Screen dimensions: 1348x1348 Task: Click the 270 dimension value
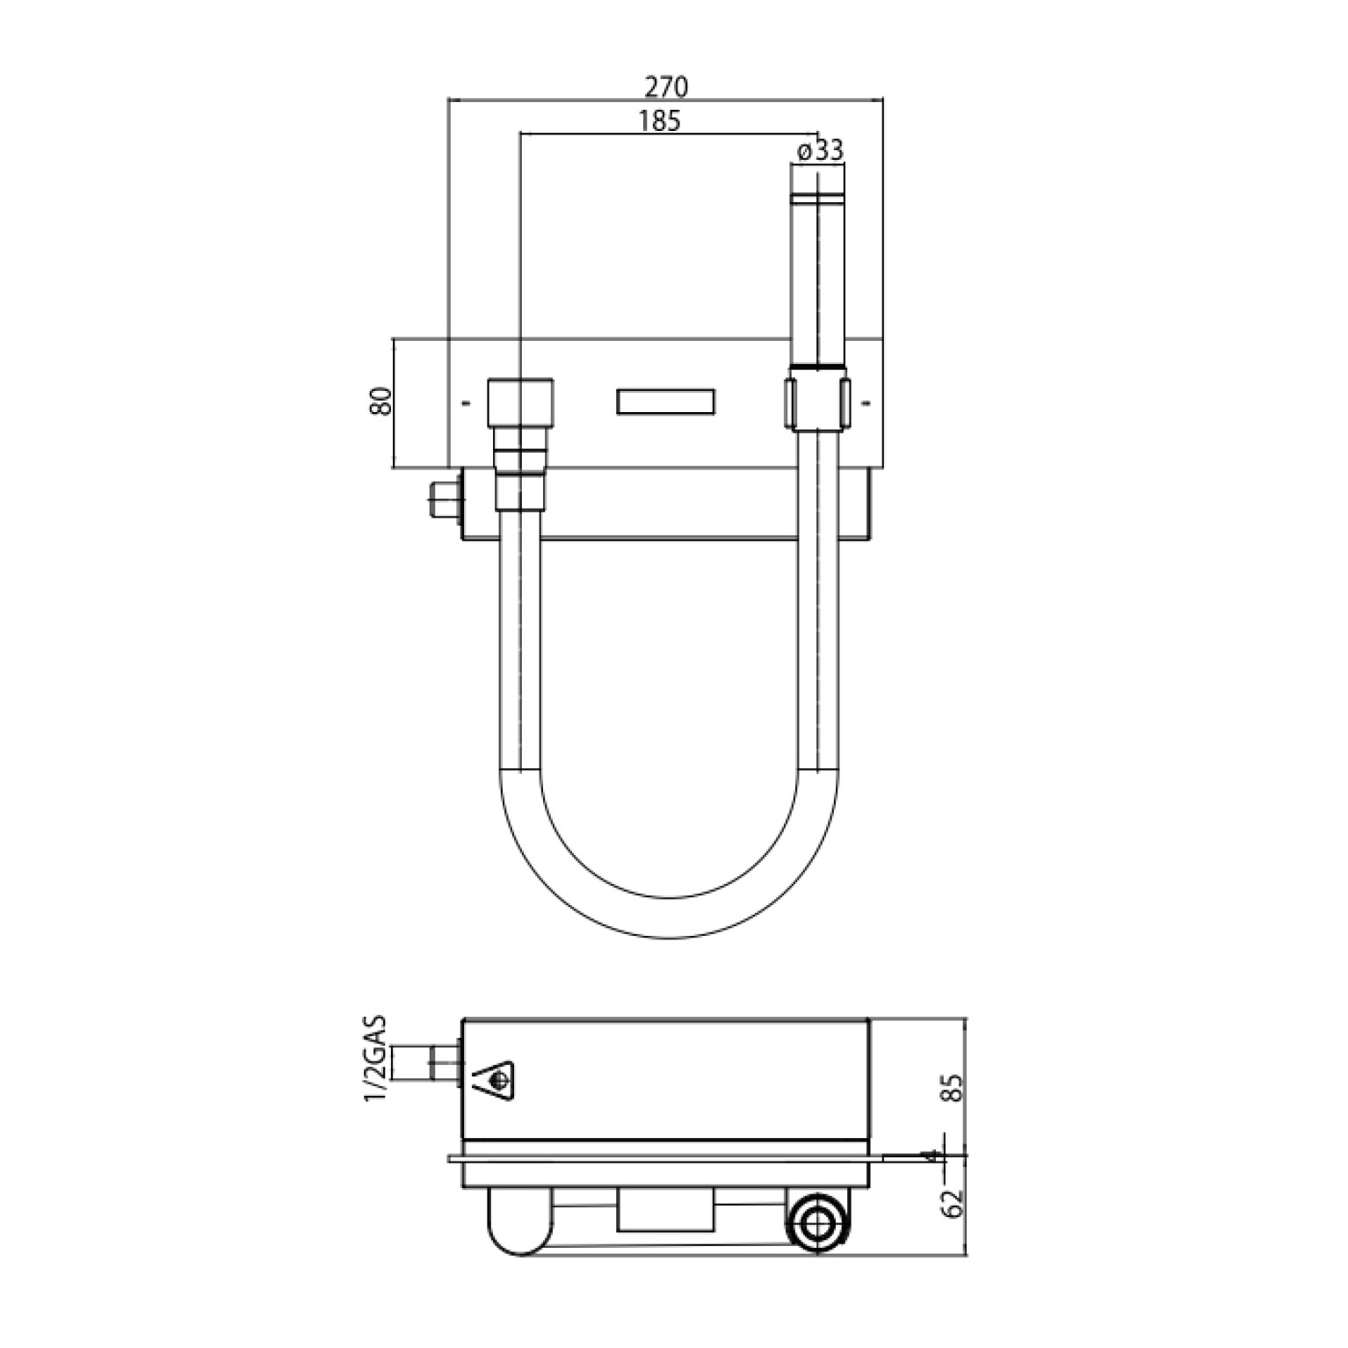click(667, 87)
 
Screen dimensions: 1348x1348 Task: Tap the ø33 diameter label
click(819, 150)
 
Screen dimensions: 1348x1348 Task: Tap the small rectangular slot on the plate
click(665, 402)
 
